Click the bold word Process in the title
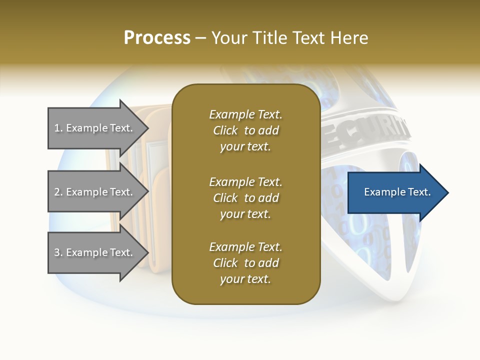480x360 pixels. pos(157,38)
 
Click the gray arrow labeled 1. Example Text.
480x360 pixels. pos(95,128)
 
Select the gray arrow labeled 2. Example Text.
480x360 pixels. pos(95,192)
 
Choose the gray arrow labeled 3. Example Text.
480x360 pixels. pos(95,252)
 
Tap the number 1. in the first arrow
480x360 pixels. pos(58,128)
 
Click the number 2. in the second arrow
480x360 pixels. pos(58,192)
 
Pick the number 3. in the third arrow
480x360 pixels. pos(58,253)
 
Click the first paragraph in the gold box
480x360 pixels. pos(245,130)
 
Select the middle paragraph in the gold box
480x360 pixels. pos(245,197)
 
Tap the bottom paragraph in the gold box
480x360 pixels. pos(245,263)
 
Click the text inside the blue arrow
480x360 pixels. pos(397,192)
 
